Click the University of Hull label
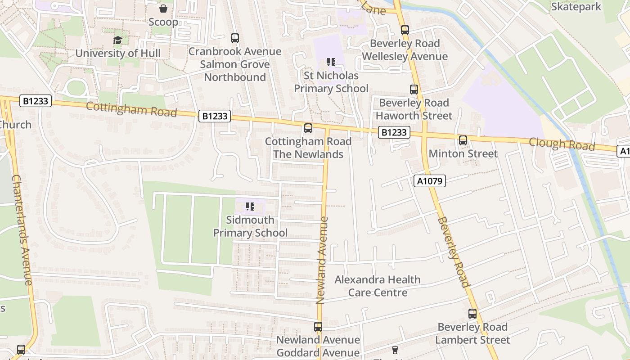pyautogui.click(x=117, y=53)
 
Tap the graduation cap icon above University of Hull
pyautogui.click(x=117, y=40)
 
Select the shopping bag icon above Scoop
pyautogui.click(x=163, y=9)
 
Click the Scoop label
pyautogui.click(x=163, y=22)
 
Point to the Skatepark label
pyautogui.click(x=576, y=7)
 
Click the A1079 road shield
pyautogui.click(x=429, y=181)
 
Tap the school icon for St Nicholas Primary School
pyautogui.click(x=331, y=62)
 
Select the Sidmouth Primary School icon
pyautogui.click(x=250, y=207)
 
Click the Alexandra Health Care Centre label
pyautogui.click(x=378, y=286)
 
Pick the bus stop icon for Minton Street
pyautogui.click(x=463, y=140)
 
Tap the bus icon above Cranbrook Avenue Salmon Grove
pyautogui.click(x=234, y=38)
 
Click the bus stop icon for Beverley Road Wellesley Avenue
pyautogui.click(x=405, y=30)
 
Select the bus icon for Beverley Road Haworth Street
pyautogui.click(x=414, y=90)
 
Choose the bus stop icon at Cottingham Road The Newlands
pyautogui.click(x=308, y=128)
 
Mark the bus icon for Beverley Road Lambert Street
pyautogui.click(x=472, y=314)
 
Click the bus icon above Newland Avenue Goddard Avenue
pyautogui.click(x=318, y=327)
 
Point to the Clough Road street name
pyautogui.click(x=562, y=144)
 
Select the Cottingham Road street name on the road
pyautogui.click(x=131, y=109)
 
